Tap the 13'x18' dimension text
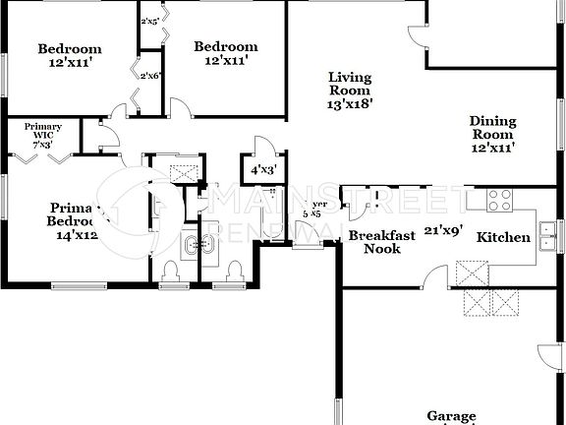point(351,102)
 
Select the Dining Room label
point(493,128)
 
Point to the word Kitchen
point(503,237)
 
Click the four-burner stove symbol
point(500,200)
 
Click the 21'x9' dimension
point(442,231)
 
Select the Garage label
point(451,416)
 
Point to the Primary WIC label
point(43,136)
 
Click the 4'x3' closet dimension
point(264,169)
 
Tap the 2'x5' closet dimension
point(151,21)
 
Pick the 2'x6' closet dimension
point(151,76)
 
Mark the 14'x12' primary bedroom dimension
point(76,235)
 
